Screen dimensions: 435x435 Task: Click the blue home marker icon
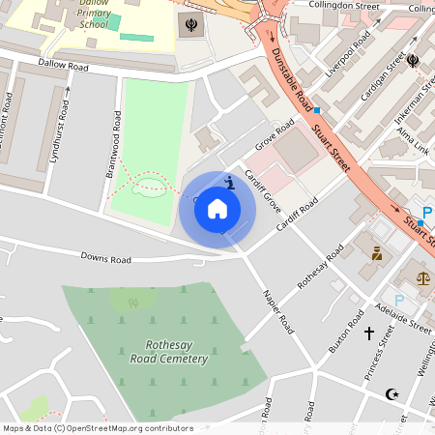coord(217,208)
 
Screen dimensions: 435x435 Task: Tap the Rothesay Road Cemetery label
coord(169,352)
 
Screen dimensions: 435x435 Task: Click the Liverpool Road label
coord(348,58)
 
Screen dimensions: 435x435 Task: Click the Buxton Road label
coord(346,334)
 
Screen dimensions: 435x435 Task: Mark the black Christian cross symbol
coord(368,333)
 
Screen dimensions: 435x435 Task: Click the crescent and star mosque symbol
coord(391,394)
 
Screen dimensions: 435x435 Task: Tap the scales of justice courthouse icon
coord(423,277)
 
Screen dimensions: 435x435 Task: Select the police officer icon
coord(376,254)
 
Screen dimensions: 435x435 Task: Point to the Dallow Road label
coord(63,66)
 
